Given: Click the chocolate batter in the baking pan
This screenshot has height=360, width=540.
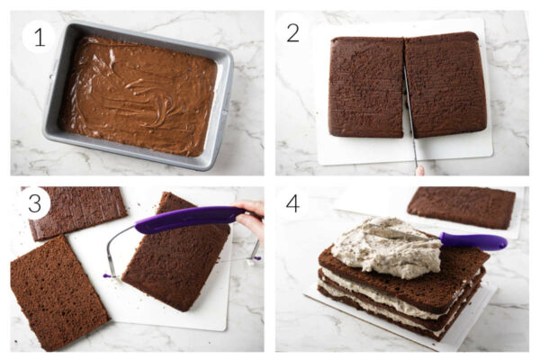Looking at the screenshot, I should [x=139, y=94].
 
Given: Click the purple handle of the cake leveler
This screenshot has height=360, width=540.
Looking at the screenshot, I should [x=184, y=219].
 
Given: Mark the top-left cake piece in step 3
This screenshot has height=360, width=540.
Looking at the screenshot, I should [x=76, y=209].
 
